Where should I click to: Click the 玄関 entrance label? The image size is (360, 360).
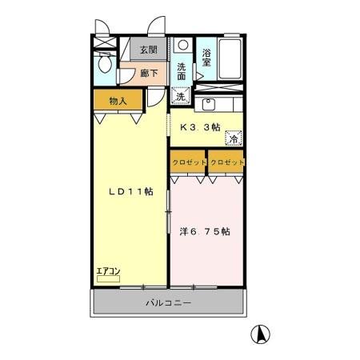[148, 50]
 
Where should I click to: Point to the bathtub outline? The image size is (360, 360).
[230, 58]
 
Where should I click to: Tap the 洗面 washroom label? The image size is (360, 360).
[183, 72]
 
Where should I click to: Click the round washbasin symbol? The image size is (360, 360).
[182, 46]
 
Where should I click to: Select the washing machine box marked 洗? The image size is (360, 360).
[181, 97]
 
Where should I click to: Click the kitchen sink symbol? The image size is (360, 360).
[210, 103]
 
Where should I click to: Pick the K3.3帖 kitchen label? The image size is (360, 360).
[198, 126]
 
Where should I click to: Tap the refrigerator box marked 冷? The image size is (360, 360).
[234, 138]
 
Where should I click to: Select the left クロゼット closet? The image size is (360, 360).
[189, 162]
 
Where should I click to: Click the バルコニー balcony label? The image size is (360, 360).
[168, 303]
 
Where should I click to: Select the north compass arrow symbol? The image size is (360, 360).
[260, 334]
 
